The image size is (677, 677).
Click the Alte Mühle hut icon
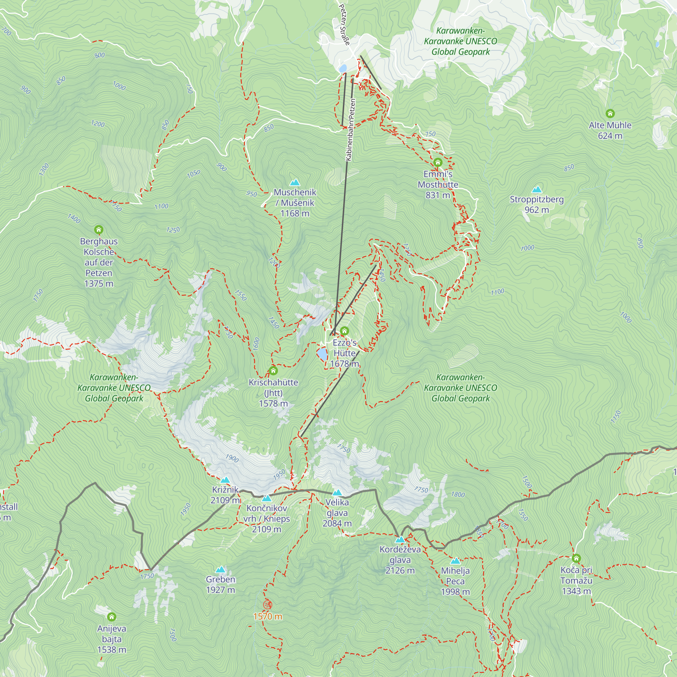(610, 113)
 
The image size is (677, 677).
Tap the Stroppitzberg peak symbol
(537, 190)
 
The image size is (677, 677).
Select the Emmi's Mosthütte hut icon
(438, 162)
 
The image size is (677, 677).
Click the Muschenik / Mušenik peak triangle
(295, 182)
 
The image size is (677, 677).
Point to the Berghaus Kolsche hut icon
(99, 230)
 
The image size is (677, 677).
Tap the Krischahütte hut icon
(273, 370)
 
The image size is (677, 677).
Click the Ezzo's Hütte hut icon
(345, 331)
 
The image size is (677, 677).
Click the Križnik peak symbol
(225, 480)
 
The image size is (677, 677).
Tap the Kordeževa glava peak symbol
(400, 539)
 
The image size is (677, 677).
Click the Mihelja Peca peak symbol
(455, 561)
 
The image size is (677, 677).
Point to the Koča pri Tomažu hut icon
(576, 558)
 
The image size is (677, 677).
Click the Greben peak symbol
(220, 569)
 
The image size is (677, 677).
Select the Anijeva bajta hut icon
(111, 616)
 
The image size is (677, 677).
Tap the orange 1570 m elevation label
(268, 616)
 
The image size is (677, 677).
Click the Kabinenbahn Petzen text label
(350, 130)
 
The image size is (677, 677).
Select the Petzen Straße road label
(345, 24)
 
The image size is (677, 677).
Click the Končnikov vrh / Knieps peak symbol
(267, 498)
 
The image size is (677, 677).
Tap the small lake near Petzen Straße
(342, 68)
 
